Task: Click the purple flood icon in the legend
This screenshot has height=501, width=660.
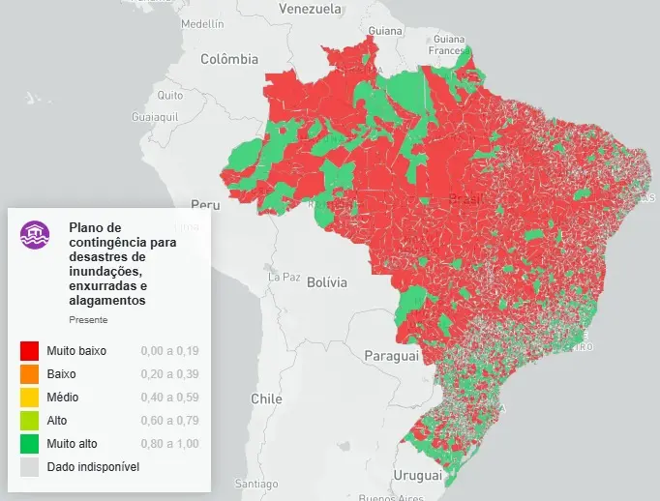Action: pyautogui.click(x=36, y=235)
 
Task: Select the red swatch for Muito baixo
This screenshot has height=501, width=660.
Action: pyautogui.click(x=29, y=350)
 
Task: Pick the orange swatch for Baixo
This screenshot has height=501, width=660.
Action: pyautogui.click(x=29, y=373)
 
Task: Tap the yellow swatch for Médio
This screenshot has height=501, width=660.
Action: pyautogui.click(x=29, y=397)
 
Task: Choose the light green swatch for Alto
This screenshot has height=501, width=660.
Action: pyautogui.click(x=29, y=420)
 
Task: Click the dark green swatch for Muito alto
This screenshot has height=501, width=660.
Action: pyautogui.click(x=29, y=443)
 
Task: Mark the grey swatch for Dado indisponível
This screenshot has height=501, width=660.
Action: pyautogui.click(x=29, y=466)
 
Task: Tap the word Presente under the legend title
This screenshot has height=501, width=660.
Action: pyautogui.click(x=88, y=319)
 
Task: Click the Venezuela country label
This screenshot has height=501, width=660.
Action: pyautogui.click(x=310, y=9)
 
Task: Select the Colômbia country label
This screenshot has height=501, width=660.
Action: pyautogui.click(x=229, y=59)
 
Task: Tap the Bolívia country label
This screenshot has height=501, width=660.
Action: pyautogui.click(x=326, y=283)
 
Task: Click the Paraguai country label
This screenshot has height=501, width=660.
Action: pyautogui.click(x=391, y=356)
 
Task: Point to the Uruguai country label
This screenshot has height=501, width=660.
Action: pyautogui.click(x=417, y=476)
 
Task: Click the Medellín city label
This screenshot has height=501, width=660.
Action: pyautogui.click(x=202, y=23)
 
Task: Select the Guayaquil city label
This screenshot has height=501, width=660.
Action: pyautogui.click(x=156, y=116)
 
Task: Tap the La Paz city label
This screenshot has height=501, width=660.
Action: pyautogui.click(x=285, y=277)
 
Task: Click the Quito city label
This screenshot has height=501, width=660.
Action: pyautogui.click(x=170, y=96)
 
